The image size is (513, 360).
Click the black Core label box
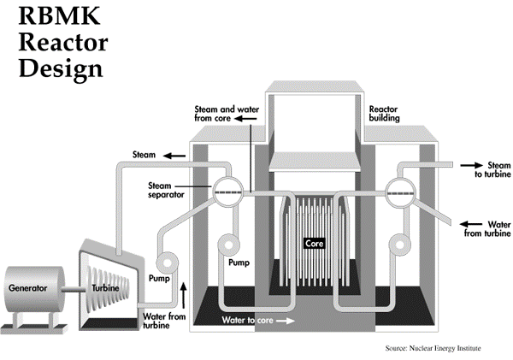315,244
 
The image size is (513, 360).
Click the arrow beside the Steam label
176,156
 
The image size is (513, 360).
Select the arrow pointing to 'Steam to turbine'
469,166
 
